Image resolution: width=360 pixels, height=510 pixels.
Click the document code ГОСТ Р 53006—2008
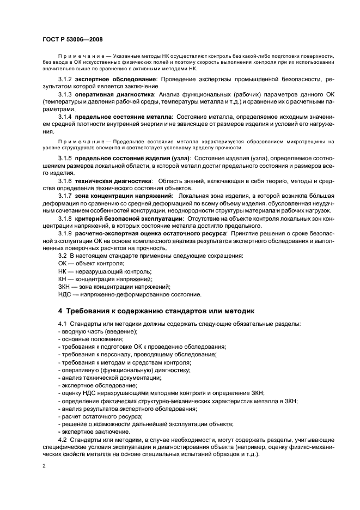click(x=72, y=40)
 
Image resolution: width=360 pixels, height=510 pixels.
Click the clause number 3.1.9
click(x=65, y=233)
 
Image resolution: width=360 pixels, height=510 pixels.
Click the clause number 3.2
click(x=62, y=256)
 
